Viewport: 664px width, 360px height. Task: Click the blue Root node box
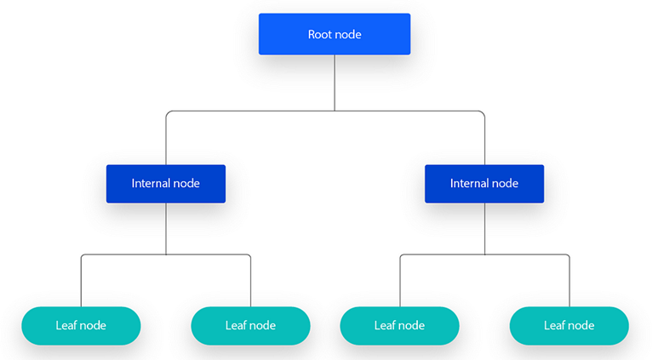335,34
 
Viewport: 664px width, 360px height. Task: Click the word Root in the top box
320,35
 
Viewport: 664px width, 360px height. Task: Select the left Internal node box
166,184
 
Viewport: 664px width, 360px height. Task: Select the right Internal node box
484,184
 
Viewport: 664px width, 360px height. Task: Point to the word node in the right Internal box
503,184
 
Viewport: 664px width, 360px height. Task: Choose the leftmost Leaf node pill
81,325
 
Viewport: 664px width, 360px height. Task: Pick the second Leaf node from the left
250,325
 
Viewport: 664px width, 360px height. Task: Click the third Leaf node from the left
399,325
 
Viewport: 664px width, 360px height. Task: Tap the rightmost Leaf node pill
569,325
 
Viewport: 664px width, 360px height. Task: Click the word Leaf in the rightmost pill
554,325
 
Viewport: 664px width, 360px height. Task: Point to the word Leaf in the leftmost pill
66,325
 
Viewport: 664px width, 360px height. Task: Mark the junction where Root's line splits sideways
335,111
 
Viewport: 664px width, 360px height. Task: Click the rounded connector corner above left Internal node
169,113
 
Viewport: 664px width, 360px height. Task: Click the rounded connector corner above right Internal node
482,113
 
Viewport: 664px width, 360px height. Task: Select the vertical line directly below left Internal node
166,228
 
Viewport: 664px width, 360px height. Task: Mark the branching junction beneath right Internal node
484,254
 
